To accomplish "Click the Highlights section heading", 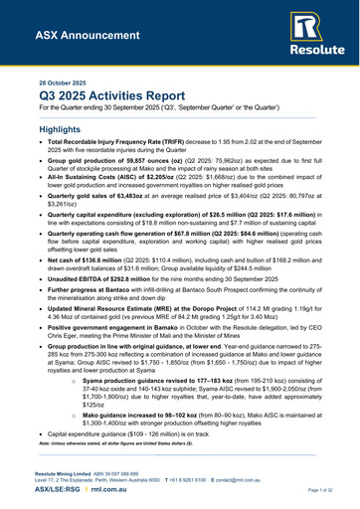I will (45, 130).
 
